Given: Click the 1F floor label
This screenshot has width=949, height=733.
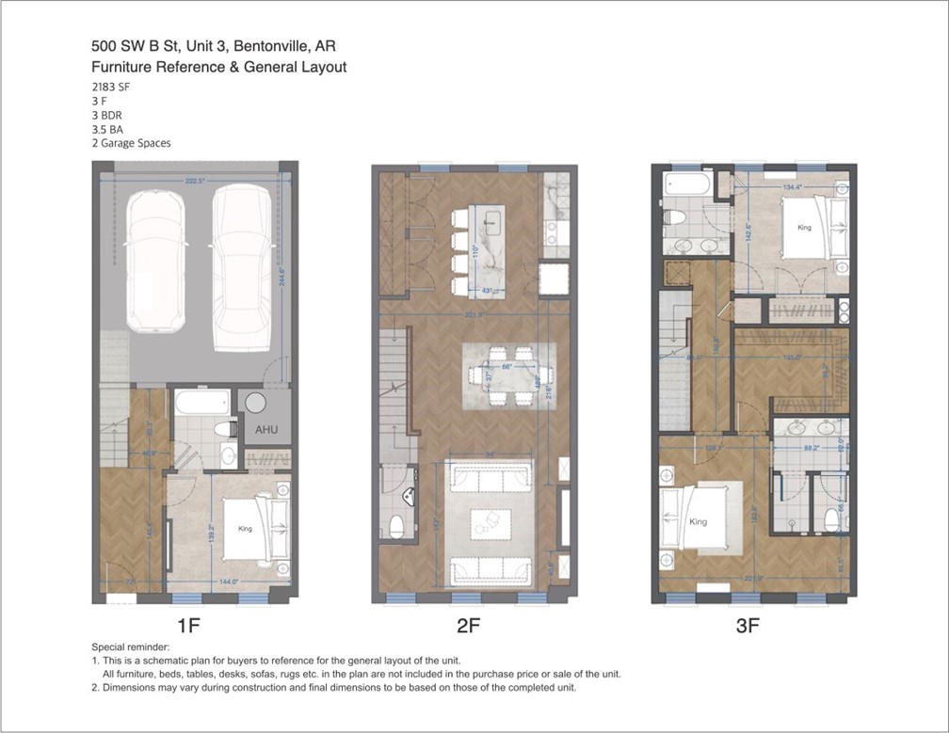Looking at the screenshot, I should (188, 624).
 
